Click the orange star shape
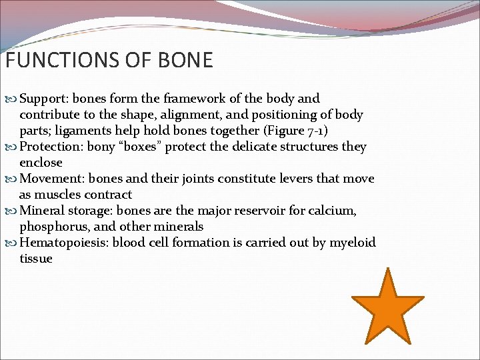click(x=387, y=307)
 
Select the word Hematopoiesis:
click(x=64, y=243)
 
